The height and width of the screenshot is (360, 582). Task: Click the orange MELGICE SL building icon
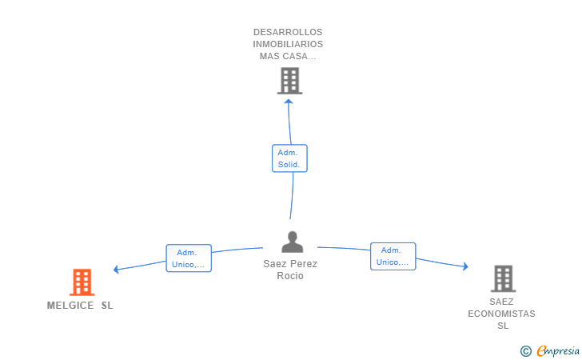click(82, 282)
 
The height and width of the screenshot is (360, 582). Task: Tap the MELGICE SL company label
click(80, 306)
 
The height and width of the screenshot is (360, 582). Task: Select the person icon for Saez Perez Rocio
click(292, 242)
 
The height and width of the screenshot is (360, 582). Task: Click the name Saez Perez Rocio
click(290, 270)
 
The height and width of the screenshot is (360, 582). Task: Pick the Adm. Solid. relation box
click(289, 158)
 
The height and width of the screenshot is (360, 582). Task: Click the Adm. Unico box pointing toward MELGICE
click(189, 258)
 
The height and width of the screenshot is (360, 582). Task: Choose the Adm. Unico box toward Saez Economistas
click(393, 256)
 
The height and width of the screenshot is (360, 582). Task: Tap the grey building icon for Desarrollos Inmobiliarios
click(290, 81)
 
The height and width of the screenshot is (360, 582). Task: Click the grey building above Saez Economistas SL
click(504, 278)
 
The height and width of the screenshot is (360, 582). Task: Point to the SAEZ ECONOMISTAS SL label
click(501, 314)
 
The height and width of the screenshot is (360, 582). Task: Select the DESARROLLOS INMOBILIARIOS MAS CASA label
click(288, 44)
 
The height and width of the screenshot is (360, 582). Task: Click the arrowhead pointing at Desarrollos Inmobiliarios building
click(289, 101)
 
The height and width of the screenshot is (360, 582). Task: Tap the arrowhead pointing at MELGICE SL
click(116, 270)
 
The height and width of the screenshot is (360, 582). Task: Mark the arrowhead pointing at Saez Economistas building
click(465, 266)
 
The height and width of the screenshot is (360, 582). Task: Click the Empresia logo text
click(558, 350)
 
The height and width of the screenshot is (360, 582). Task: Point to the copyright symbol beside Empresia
click(526, 351)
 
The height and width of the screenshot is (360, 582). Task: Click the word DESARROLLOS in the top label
click(288, 32)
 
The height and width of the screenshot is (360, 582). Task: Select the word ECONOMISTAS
click(501, 314)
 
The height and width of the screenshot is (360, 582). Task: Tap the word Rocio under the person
click(290, 276)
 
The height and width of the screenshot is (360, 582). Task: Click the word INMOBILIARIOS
click(288, 44)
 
